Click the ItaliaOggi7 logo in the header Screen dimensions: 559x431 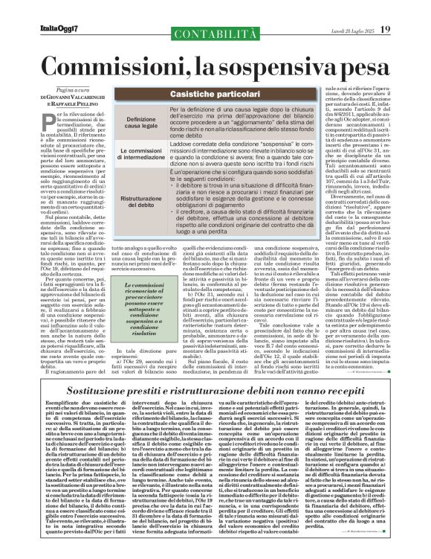[39, 9]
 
